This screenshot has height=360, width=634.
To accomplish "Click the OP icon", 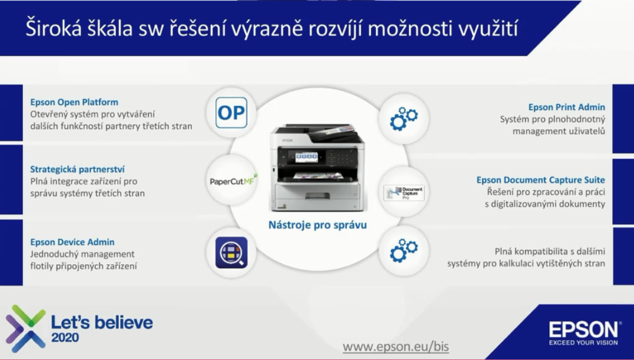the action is pos(231,113).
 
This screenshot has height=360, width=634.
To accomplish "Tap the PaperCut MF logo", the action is pos(234,181).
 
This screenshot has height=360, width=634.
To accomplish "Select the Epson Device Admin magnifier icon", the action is pos(231,252).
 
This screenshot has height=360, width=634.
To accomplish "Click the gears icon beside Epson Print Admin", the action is pos(403,118).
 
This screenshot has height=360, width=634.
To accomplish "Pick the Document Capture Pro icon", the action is pos(404,193).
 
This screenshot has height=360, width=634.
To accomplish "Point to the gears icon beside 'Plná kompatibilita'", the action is pos(403,250).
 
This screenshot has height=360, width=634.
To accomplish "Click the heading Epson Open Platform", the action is pos(74,102).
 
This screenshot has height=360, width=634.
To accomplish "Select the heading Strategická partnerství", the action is pos(77,169).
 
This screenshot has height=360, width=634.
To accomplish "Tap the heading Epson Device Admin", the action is pos(72,242).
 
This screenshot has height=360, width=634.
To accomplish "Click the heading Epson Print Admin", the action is pos(567,107).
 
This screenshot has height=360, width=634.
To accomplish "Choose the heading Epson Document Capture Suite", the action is pos(540,180).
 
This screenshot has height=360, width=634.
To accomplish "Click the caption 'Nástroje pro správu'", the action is pos(317,225).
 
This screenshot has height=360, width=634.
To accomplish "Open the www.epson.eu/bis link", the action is pos(396,346).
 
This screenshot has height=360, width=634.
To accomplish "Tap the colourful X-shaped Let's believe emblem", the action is pos(25,328).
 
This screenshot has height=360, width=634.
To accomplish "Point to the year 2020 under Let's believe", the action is pos(65,338).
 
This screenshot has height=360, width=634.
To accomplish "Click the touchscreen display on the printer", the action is pos(306,157).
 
